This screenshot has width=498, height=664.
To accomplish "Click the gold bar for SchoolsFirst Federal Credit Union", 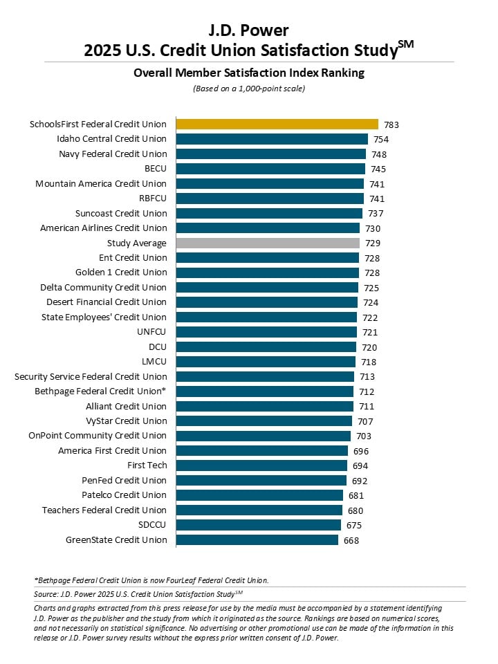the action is (277, 124).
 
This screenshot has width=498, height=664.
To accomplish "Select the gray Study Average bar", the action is (268, 243).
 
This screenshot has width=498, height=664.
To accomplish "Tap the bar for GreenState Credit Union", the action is (257, 540).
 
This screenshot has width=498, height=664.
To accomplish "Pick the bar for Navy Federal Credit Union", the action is (271, 154).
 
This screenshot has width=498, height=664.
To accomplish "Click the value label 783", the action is (391, 124).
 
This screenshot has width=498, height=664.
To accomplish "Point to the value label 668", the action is (351, 540).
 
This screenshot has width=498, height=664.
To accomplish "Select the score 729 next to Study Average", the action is (373, 243).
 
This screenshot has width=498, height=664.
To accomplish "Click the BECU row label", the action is (156, 169).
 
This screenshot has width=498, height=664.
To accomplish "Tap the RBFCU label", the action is (153, 199).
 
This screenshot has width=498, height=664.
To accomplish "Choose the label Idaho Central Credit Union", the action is (112, 139).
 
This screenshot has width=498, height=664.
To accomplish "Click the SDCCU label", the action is (152, 525).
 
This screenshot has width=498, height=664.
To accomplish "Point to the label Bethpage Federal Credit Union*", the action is (100, 391).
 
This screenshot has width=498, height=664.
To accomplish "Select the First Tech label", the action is (147, 465).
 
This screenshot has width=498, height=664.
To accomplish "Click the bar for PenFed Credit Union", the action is (261, 480).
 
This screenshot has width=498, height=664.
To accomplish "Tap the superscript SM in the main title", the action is (406, 44).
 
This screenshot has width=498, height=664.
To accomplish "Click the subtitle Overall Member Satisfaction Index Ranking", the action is (249, 73).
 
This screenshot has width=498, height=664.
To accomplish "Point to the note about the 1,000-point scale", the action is (249, 89).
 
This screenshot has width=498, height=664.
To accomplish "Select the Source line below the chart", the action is (138, 594).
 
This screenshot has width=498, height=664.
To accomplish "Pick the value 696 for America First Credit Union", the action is (361, 452).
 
